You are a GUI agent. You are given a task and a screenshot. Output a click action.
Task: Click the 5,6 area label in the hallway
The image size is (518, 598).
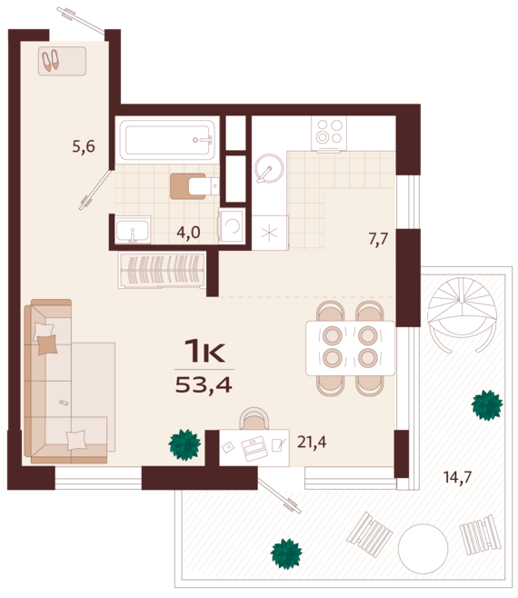[84, 145]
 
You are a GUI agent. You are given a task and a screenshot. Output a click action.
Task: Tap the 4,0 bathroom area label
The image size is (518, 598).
[188, 232]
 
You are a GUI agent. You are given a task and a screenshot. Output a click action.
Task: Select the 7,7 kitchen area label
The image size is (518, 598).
[378, 240]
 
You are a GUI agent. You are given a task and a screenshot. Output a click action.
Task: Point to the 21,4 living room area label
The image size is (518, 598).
[311, 443]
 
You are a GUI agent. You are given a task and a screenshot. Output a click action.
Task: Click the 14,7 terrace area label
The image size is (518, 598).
[456, 476]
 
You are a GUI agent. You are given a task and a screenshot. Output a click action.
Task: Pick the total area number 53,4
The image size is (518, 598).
[204, 384]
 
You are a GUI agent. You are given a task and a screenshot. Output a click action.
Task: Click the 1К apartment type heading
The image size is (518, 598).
[204, 350]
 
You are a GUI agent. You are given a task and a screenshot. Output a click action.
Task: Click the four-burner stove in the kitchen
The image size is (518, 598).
[328, 134]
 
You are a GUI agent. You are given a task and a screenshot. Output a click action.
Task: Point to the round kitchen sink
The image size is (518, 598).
[268, 170]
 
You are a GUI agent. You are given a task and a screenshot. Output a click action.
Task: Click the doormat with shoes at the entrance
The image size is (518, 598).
[62, 62]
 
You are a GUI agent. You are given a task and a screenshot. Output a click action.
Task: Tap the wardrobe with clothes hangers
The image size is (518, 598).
[162, 270]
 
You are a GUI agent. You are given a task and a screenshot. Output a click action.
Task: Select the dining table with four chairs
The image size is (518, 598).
[350, 347]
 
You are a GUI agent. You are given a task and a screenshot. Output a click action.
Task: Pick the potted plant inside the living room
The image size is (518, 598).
[184, 444]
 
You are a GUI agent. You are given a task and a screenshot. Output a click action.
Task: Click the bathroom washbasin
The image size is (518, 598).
[133, 232]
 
